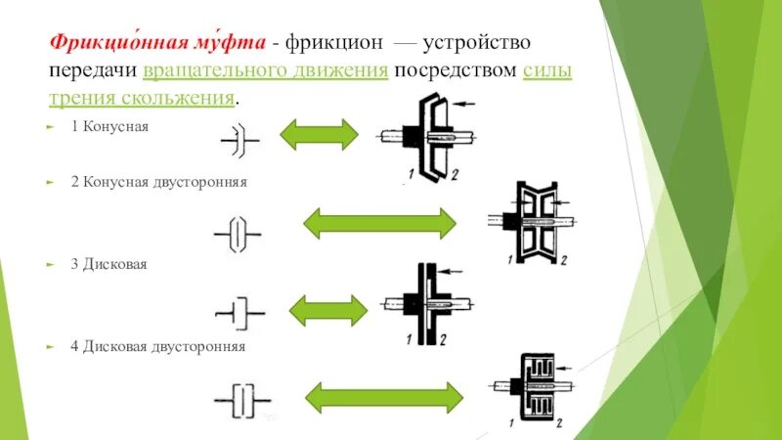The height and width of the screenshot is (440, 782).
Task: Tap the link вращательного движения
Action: point(266,72)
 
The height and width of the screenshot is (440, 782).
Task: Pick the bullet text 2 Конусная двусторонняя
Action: point(164,182)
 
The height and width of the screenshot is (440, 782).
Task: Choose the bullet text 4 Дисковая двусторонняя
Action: point(163,346)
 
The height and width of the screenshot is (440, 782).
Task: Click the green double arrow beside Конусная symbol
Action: point(319,134)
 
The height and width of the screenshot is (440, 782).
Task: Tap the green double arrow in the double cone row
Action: point(379,223)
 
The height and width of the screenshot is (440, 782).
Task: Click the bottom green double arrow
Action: point(379,396)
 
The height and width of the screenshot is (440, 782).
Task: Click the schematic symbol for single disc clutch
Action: point(240,314)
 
